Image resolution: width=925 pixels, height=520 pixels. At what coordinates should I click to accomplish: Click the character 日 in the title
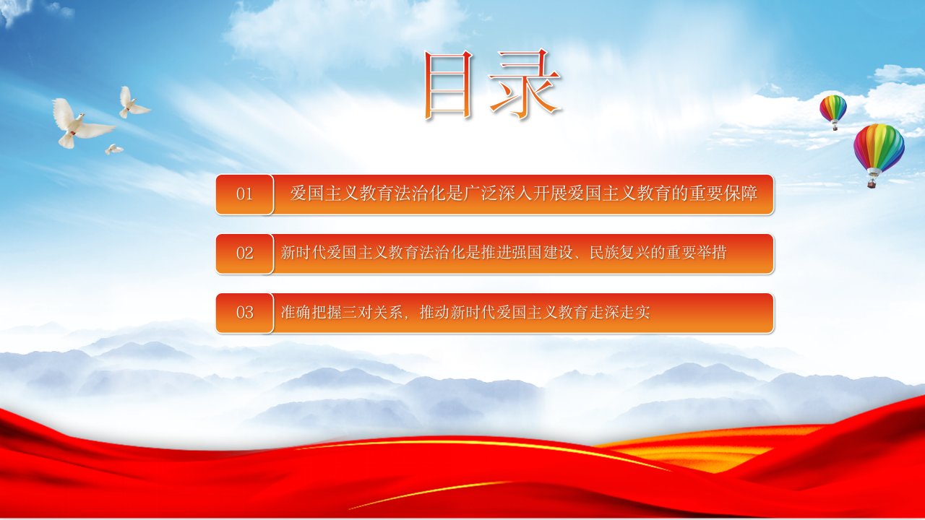pyautogui.click(x=447, y=84)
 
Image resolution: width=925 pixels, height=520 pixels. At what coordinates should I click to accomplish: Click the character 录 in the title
pyautogui.click(x=525, y=84)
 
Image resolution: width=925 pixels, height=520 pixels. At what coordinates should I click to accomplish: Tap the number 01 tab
pyautogui.click(x=244, y=194)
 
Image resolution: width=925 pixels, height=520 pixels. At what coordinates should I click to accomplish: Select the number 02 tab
pyautogui.click(x=244, y=253)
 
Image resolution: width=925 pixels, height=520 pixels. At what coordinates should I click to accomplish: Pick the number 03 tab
pyautogui.click(x=244, y=313)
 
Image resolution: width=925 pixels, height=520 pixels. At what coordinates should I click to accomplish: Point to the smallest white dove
pyautogui.click(x=113, y=149)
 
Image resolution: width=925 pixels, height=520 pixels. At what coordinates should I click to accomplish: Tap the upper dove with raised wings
pyautogui.click(x=132, y=103)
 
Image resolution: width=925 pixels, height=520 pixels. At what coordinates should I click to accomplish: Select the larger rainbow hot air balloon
pyautogui.click(x=879, y=152)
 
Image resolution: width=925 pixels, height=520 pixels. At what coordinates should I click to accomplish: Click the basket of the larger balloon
pyautogui.click(x=872, y=183)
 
